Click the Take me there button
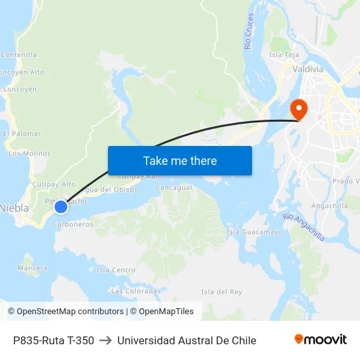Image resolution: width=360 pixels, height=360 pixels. [180, 160]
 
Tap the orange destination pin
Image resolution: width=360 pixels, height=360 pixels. [298, 109]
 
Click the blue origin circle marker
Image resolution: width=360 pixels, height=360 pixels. [60, 207]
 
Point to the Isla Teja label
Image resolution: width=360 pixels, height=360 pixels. [284, 54]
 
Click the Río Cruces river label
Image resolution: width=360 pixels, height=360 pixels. [249, 31]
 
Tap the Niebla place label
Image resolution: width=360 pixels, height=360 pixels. [14, 208]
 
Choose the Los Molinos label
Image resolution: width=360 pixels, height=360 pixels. [29, 153]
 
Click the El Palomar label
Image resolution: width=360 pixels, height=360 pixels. [22, 134]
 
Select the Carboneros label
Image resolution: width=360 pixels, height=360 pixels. [73, 224]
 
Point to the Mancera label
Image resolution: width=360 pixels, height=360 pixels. [33, 268]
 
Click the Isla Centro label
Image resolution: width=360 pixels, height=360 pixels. [116, 270]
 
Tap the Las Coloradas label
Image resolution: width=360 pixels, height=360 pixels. [135, 291]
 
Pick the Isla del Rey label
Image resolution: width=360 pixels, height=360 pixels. [221, 291]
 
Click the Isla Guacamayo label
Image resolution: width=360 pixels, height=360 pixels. [254, 232]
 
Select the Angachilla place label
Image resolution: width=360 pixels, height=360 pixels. [330, 206]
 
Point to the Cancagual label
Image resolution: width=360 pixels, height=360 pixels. [173, 188]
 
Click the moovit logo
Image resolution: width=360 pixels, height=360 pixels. [320, 340]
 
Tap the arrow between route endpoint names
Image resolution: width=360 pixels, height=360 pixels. [105, 340]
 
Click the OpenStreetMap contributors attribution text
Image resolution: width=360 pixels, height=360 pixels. [70, 312]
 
